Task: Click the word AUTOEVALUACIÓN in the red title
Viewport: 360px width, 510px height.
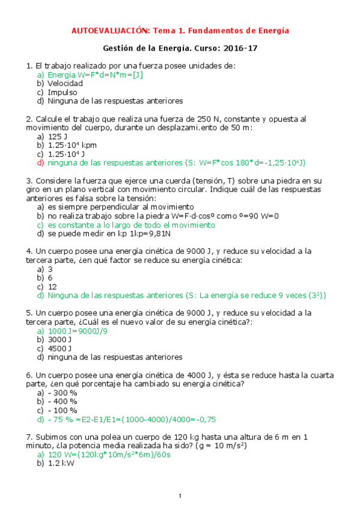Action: click(109, 30)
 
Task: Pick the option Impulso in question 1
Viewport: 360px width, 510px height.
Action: click(63, 93)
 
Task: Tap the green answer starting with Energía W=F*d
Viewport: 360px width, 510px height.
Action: click(95, 75)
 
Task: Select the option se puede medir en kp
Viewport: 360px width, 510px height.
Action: click(110, 233)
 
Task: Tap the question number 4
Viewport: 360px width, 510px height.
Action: click(29, 251)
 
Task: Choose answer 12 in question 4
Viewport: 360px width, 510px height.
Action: click(52, 286)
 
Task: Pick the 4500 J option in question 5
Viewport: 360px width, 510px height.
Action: click(60, 348)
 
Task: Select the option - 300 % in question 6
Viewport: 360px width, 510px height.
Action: click(63, 392)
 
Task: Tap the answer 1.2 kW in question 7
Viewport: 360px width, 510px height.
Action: click(61, 463)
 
